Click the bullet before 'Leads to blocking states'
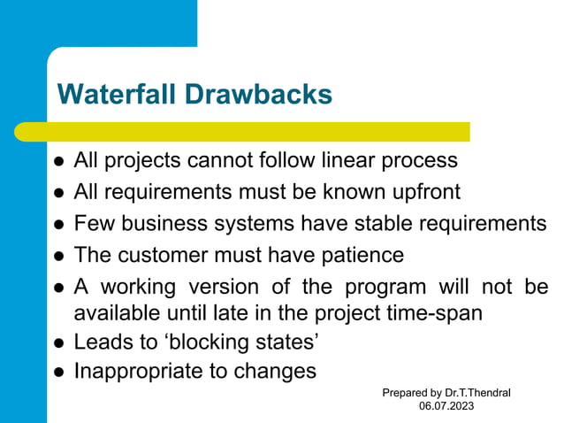tap(58, 342)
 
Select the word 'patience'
tap(362, 255)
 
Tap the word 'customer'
tap(159, 255)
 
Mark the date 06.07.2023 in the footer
tap(446, 405)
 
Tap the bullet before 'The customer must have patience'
tap(58, 256)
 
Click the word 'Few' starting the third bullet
tap(91, 223)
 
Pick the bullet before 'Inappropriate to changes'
tap(58, 372)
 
